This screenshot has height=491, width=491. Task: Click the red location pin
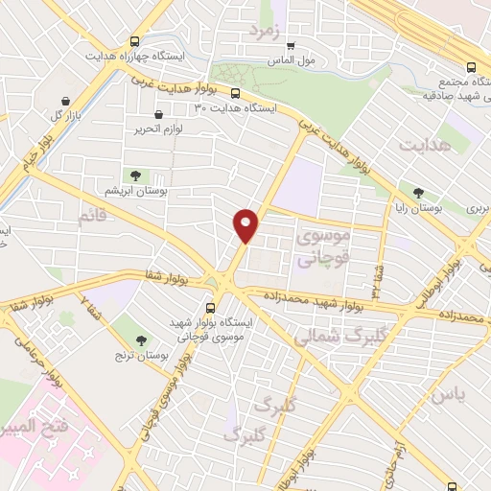point(246,224)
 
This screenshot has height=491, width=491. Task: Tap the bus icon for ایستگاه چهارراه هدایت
point(134,41)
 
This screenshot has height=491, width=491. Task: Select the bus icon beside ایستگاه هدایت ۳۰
point(235,93)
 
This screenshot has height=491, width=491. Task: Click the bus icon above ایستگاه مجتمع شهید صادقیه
point(470,67)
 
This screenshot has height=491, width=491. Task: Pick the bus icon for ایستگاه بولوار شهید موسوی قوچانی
point(210,308)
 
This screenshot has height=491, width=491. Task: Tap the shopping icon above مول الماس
point(291,44)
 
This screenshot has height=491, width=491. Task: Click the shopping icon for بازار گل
point(65,101)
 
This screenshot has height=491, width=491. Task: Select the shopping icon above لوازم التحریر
point(171,115)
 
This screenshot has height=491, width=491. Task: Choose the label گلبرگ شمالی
point(331,337)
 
